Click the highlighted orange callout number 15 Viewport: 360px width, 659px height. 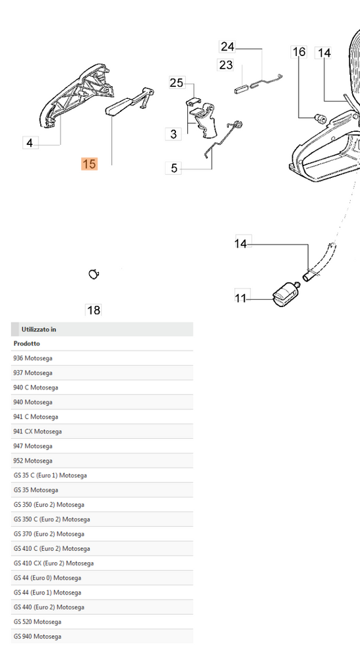pos(90,164)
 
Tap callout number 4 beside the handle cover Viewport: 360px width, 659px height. pos(30,143)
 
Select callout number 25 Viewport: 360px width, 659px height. pos(177,83)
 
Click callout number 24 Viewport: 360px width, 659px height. pos(227,46)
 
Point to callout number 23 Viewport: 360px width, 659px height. pos(225,65)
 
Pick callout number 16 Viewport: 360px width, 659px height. pos(299,51)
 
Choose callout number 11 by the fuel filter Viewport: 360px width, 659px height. pos(241,299)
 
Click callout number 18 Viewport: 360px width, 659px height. pos(94,310)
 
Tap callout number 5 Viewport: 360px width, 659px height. pos(173,168)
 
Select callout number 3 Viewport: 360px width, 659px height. pos(173,134)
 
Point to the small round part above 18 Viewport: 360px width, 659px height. pos(94,274)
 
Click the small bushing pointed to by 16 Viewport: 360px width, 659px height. pos(321,119)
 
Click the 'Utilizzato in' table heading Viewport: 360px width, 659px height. pos(39,329)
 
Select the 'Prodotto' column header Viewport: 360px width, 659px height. pos(26,343)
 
